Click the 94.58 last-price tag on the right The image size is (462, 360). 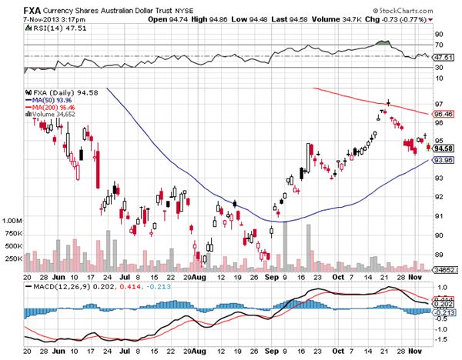(443, 148)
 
